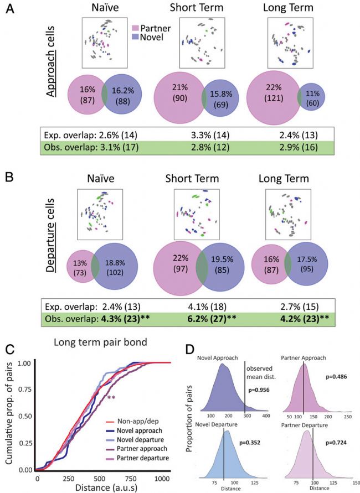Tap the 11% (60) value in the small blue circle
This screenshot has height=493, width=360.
click(312, 97)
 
